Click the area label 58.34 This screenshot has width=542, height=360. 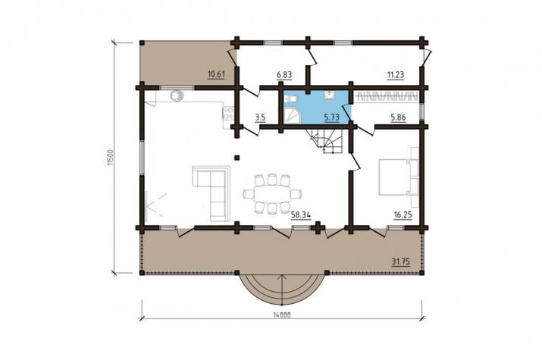301,215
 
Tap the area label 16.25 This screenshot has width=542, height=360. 403,215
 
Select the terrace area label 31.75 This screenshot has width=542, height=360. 400,262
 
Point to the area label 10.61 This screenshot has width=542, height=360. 216,74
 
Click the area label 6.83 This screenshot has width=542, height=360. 284,74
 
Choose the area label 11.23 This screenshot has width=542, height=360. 396,74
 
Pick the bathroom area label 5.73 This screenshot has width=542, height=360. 331,117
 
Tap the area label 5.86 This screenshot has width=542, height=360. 398,117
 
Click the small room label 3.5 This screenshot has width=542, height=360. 260,117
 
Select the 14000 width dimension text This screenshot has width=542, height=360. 282,315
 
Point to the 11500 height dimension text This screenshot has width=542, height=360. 110,158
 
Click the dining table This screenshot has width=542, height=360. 272,193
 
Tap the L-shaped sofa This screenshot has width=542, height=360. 211,193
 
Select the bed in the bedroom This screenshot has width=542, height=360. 394,177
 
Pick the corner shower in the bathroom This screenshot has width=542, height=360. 292,114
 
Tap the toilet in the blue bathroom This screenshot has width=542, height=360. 290,99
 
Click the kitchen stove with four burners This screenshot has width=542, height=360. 228,114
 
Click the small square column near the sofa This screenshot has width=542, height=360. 237,158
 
